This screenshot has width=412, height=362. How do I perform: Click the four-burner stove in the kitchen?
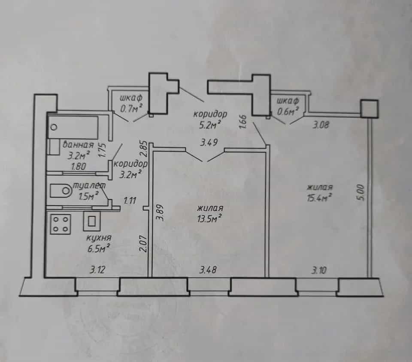pyautogui.click(x=61, y=224)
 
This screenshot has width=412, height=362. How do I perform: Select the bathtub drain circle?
pyautogui.click(x=55, y=128)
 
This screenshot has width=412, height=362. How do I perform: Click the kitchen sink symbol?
pyautogui.click(x=92, y=221)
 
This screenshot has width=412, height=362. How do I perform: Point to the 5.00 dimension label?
pyautogui.click(x=361, y=193)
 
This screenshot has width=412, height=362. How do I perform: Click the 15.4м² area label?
pyautogui.click(x=319, y=197)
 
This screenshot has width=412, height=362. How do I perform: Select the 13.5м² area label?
pyautogui.click(x=209, y=218)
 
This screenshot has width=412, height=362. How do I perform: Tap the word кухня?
pyautogui.click(x=99, y=238)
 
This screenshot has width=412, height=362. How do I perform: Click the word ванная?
pyautogui.click(x=78, y=145)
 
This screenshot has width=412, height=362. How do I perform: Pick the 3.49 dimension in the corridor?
pyautogui.click(x=209, y=143)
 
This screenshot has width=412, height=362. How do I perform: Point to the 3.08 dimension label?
pyautogui.click(x=321, y=125)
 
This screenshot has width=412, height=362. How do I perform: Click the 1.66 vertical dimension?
pyautogui.click(x=243, y=122)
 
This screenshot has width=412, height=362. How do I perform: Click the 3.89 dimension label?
pyautogui.click(x=160, y=213)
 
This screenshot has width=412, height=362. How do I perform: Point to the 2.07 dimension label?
pyautogui.click(x=143, y=244)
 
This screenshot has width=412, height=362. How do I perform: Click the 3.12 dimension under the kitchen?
pyautogui.click(x=97, y=269)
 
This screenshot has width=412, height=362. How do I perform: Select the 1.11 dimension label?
pyautogui.click(x=130, y=201)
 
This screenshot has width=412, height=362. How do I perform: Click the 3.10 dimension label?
pyautogui.click(x=319, y=270)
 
